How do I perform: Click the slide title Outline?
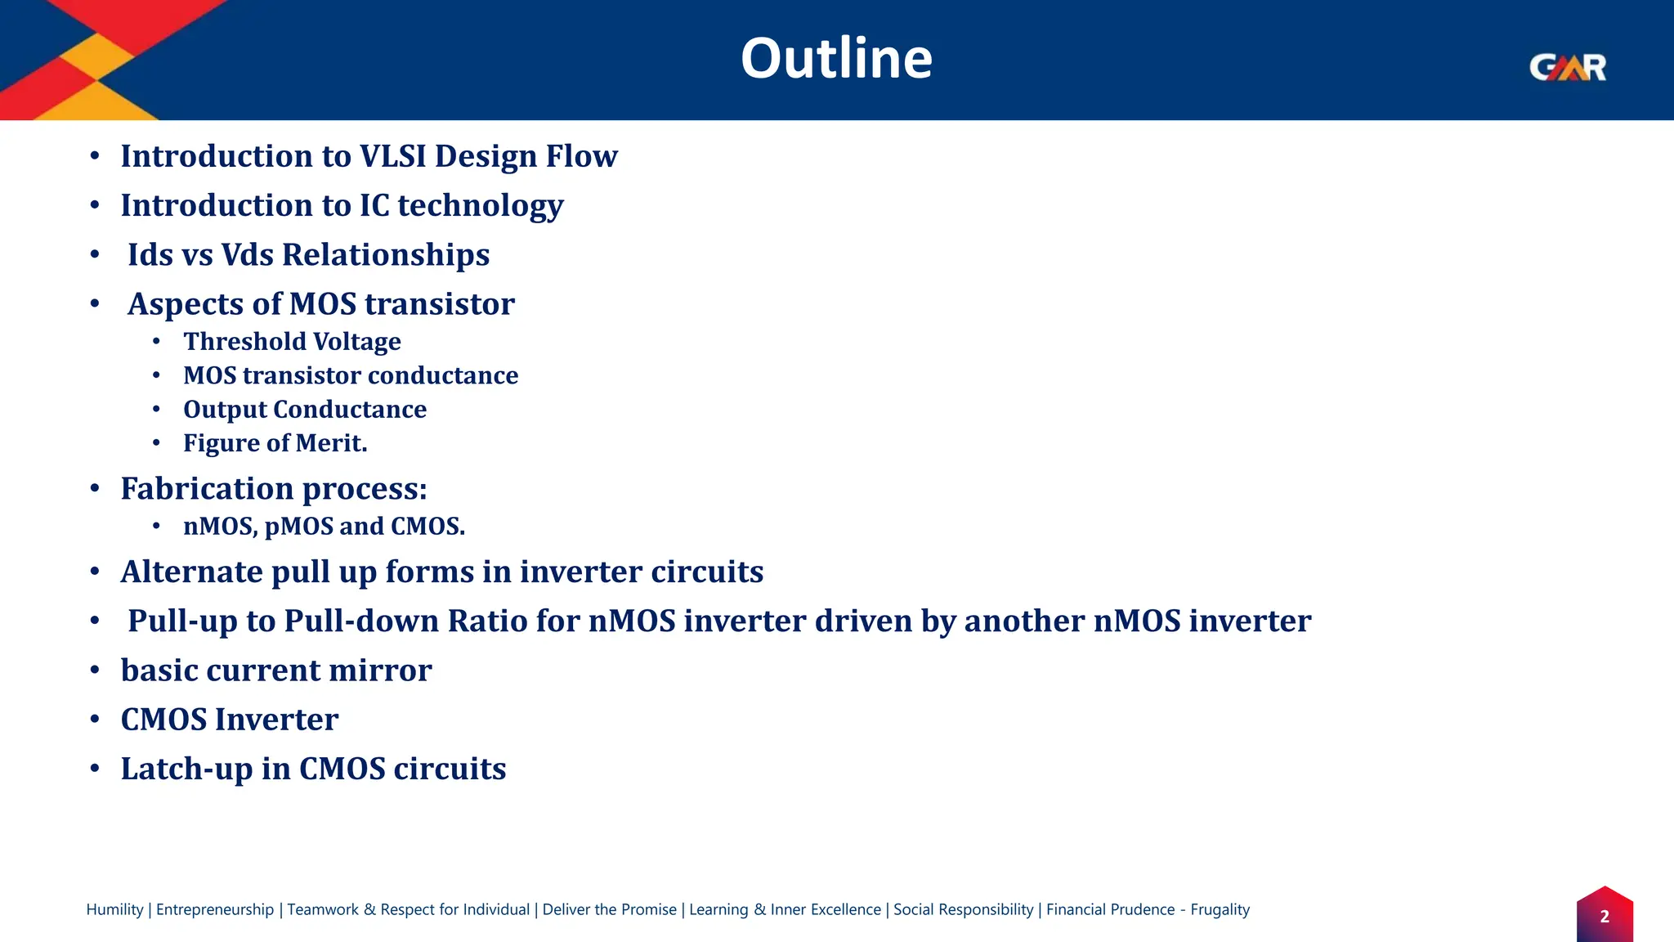[836, 59]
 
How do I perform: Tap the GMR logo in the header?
[1567, 67]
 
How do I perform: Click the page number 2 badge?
[1604, 917]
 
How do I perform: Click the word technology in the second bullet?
[481, 206]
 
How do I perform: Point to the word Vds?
[247, 255]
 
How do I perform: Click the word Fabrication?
[207, 489]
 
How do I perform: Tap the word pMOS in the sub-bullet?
[298, 527]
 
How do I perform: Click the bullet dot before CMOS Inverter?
[95, 720]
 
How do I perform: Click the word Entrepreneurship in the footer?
[215, 909]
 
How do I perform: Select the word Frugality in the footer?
[1220, 909]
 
